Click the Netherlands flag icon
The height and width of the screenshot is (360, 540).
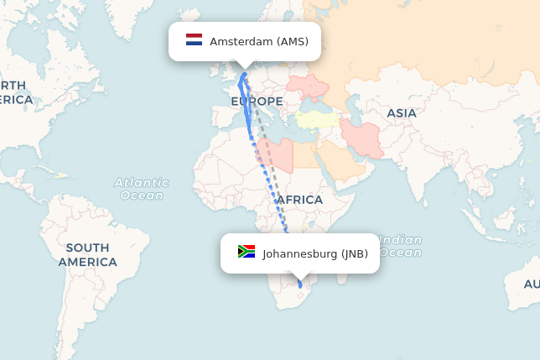coord(195,40)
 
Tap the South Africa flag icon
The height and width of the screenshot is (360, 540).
coord(247,252)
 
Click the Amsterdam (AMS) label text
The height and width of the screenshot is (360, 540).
coord(259,41)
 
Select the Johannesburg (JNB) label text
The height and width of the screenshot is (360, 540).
coord(315,253)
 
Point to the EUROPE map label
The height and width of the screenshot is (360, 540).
coord(257,102)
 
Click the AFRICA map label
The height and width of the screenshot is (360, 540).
coord(299,200)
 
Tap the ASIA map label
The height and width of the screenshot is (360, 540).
coord(401,113)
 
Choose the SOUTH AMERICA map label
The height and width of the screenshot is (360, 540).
coord(87,254)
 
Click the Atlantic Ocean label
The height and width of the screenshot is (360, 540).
coord(141,189)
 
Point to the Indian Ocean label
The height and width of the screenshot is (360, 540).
coord(401,246)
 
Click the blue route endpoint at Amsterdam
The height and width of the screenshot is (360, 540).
coord(244,75)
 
